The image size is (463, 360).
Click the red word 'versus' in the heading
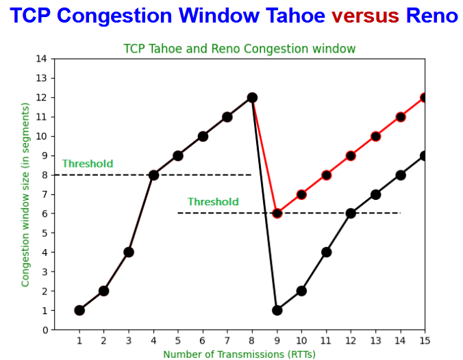click(x=365, y=15)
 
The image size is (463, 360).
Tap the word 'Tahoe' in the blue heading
click(x=295, y=15)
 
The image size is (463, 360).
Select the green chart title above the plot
click(x=239, y=49)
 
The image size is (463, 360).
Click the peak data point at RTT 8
click(x=252, y=98)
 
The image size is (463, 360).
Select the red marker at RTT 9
click(x=277, y=214)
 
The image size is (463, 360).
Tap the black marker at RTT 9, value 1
click(x=277, y=311)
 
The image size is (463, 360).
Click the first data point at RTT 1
click(x=79, y=311)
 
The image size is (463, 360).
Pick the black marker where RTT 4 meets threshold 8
click(x=153, y=175)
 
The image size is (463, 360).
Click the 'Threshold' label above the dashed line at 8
click(x=88, y=164)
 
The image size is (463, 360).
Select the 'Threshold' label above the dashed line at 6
click(x=213, y=202)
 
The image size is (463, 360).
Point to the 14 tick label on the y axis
click(x=41, y=59)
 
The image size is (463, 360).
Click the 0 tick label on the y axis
click(x=45, y=330)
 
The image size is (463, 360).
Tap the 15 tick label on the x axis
click(x=425, y=341)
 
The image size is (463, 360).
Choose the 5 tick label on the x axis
click(x=178, y=341)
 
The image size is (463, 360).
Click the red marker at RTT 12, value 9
click(x=351, y=156)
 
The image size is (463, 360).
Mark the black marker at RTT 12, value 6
click(x=351, y=214)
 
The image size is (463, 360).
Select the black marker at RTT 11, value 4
click(x=326, y=253)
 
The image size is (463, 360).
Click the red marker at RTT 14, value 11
click(x=401, y=117)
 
